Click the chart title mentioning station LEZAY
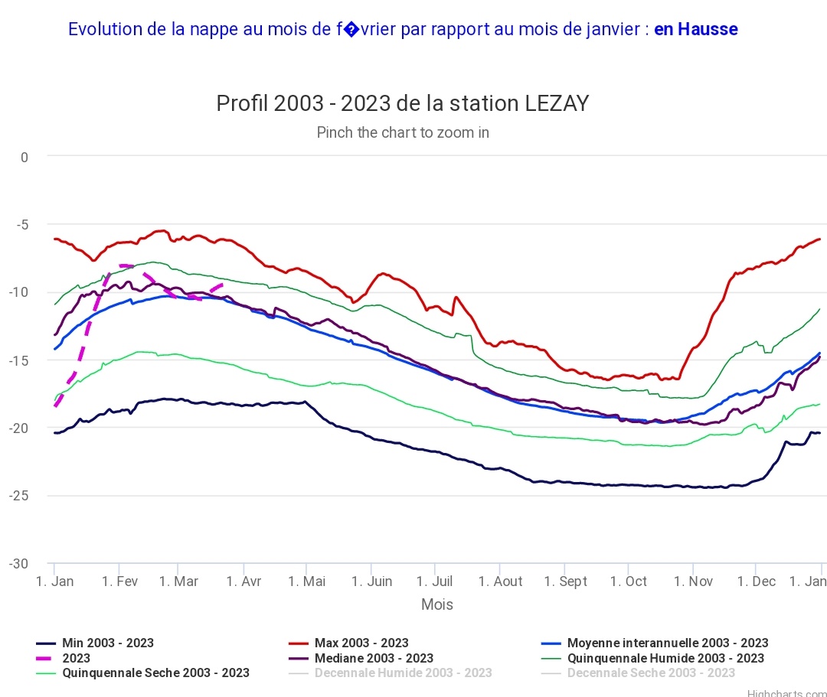pyautogui.click(x=403, y=103)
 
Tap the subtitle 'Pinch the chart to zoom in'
pyautogui.click(x=403, y=132)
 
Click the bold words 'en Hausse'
pyautogui.click(x=695, y=29)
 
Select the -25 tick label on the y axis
pyautogui.click(x=19, y=496)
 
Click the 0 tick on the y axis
pyautogui.click(x=25, y=158)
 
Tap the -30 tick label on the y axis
pyautogui.click(x=19, y=564)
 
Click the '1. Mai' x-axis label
pyautogui.click(x=306, y=581)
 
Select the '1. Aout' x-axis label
pyautogui.click(x=500, y=581)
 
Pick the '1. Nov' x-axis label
pyautogui.click(x=693, y=581)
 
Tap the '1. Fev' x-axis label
pyautogui.click(x=119, y=581)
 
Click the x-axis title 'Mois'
pyautogui.click(x=436, y=604)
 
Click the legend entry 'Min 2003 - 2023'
pyautogui.click(x=107, y=643)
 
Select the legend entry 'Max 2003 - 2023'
pyautogui.click(x=361, y=643)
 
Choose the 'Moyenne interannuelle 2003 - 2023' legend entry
pyautogui.click(x=667, y=643)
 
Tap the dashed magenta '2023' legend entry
pyautogui.click(x=76, y=658)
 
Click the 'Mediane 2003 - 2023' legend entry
pyautogui.click(x=373, y=658)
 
